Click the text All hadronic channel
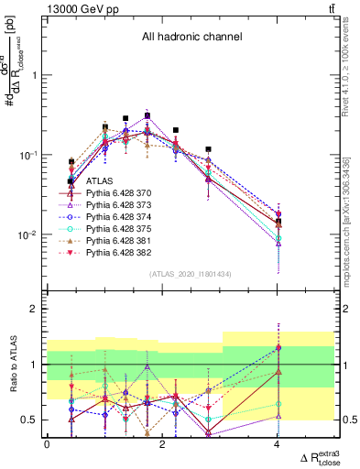pyautogui.click(x=191, y=38)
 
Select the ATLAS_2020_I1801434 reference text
pyautogui.click(x=191, y=274)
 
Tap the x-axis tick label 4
pyautogui.click(x=277, y=444)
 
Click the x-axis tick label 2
pyautogui.click(x=162, y=444)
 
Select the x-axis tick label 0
pyautogui.click(x=47, y=444)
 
